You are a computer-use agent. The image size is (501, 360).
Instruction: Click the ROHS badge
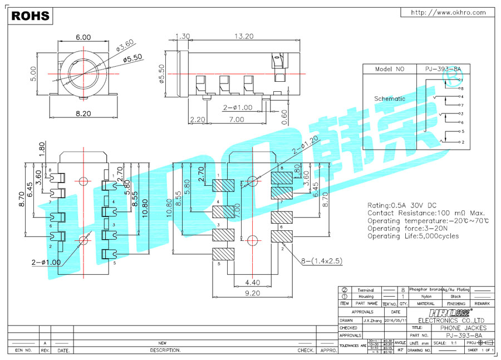30,16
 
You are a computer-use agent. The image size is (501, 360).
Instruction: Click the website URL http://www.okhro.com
448,13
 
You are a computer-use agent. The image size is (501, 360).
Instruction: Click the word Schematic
390,98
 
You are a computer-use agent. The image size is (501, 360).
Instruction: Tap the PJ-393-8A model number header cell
443,70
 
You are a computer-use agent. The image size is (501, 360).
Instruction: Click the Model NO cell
389,70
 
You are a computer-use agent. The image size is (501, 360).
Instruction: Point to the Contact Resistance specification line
426,213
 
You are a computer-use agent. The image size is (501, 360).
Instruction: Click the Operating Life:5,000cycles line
413,236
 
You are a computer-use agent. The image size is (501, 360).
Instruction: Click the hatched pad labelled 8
282,179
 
